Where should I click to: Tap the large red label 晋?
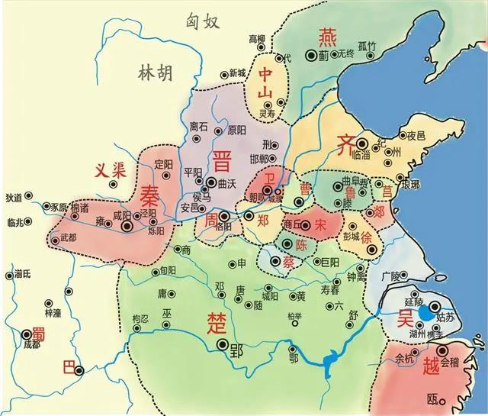[x=222, y=162]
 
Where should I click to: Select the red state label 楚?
[x=214, y=322]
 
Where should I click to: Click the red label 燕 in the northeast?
[x=326, y=35]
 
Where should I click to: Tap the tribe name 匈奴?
[x=203, y=21]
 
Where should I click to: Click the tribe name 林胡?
[x=156, y=73]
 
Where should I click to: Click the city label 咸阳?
[x=122, y=216]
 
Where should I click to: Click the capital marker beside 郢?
[x=223, y=345]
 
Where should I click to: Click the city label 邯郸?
[x=259, y=159]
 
